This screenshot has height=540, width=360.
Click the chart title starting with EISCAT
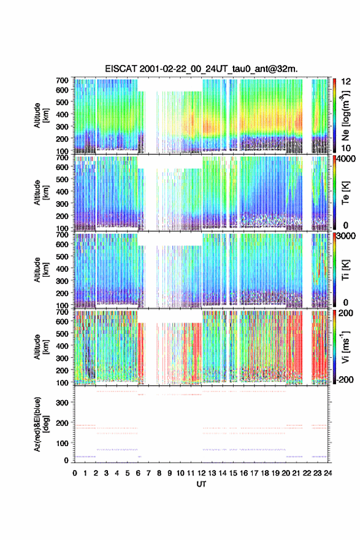coord(201,69)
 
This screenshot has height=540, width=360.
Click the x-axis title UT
coord(201,484)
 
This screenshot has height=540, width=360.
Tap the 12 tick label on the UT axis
coord(202,473)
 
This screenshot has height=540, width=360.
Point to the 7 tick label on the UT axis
coord(148,473)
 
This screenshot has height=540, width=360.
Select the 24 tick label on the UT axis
coord(327,473)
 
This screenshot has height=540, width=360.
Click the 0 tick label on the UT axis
coord(75,473)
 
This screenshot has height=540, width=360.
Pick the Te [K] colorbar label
coord(345,193)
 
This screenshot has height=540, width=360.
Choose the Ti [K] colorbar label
coord(345,270)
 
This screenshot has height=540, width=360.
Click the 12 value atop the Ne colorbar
coord(346,82)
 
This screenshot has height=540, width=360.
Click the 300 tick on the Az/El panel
coord(63,403)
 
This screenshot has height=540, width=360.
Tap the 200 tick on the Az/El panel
coord(63,423)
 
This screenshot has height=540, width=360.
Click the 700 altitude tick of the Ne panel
coord(63,80)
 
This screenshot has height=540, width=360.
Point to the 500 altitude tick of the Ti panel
coord(63,256)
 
